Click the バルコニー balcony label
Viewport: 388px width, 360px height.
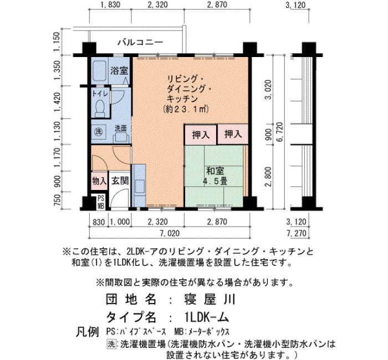point(140,42)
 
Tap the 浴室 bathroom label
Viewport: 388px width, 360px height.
point(119,71)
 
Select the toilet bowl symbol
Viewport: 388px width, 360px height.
point(100,108)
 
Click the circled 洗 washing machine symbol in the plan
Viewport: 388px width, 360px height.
point(99,131)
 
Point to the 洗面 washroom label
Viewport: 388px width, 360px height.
point(120,128)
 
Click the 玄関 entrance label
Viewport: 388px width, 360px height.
point(120,181)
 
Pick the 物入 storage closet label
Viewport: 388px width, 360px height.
point(99,181)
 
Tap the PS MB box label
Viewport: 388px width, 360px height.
point(101,202)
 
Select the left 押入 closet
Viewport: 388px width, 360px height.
point(201,135)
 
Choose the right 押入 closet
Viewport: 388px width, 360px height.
point(233,134)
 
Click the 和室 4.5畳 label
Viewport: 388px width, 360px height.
point(215,176)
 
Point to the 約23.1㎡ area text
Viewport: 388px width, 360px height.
point(185,109)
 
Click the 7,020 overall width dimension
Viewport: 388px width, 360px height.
point(170,233)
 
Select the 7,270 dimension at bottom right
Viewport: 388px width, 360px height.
point(296,233)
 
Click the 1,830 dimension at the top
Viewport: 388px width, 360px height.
point(110,4)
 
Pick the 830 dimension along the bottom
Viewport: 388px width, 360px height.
point(99,222)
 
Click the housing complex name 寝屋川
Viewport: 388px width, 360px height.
point(210,300)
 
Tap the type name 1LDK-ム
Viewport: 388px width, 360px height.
point(206,317)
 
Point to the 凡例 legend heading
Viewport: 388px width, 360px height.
point(87,332)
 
